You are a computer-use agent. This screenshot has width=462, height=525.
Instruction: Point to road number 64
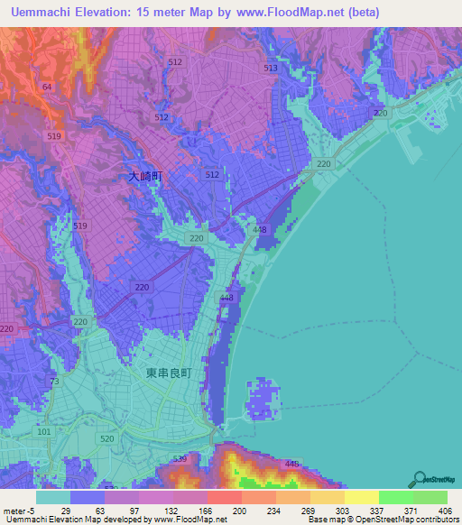[x=47, y=87]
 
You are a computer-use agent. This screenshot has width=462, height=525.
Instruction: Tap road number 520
[x=108, y=438]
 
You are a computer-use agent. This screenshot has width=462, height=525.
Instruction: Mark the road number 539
[x=180, y=460]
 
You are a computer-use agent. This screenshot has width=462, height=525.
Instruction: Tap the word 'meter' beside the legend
[x=14, y=511]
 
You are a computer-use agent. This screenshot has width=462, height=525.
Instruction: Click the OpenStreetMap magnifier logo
[x=420, y=479]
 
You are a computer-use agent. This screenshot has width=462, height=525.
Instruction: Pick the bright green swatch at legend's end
[x=430, y=497]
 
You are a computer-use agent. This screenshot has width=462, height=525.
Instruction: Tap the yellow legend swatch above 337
[x=361, y=497]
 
